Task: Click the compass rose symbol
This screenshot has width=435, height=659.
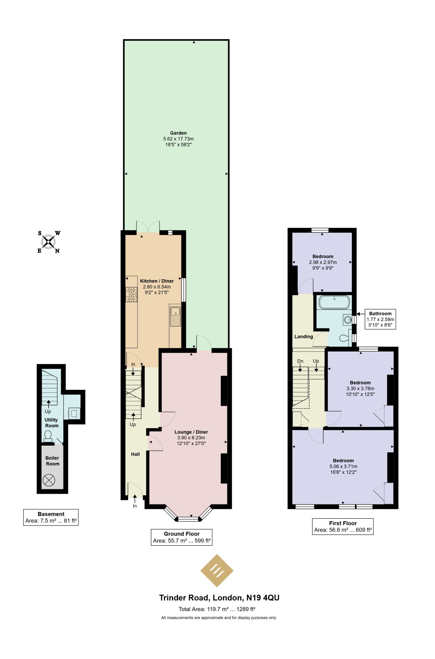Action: click(49, 242)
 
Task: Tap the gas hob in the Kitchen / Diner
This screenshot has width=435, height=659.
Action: click(131, 294)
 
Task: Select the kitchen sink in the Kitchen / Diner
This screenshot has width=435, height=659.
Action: click(175, 316)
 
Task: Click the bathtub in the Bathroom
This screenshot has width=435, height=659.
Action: click(334, 302)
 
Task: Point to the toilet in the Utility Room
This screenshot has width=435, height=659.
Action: click(48, 436)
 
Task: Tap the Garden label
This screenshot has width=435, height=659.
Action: click(178, 133)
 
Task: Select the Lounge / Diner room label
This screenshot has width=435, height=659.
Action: click(191, 432)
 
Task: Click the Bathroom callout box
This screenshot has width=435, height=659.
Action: click(380, 319)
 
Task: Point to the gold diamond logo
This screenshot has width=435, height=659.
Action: click(217, 571)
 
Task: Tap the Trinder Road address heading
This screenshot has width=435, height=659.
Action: click(219, 605)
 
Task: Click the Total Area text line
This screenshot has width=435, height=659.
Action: click(217, 617)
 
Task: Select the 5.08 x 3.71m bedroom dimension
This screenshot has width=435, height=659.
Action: click(343, 466)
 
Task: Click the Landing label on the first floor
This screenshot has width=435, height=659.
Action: click(304, 337)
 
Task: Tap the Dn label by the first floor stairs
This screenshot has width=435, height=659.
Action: click(300, 361)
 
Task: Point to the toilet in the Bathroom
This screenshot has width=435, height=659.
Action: click(344, 338)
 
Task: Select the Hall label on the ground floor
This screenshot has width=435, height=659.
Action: click(135, 454)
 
